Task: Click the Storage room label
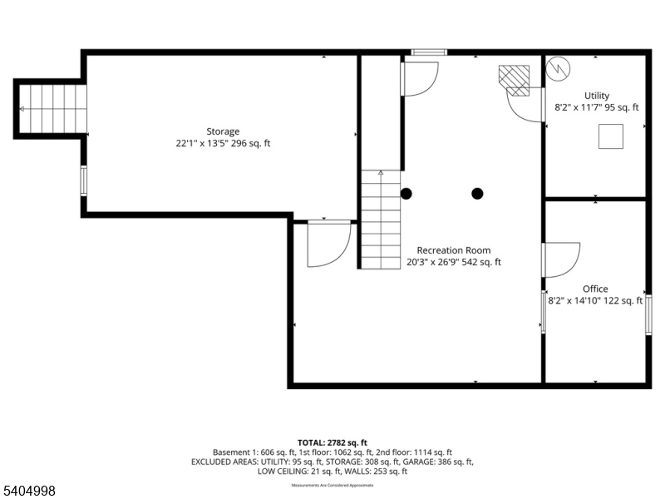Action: [223, 131]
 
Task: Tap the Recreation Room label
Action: [453, 250]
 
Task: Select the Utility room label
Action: [596, 96]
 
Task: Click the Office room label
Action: [595, 289]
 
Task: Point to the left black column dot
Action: [406, 194]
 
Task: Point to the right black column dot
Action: [477, 194]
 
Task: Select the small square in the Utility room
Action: [611, 136]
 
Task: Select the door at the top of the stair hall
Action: [420, 78]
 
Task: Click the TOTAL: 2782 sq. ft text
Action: [332, 442]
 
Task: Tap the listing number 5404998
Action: [29, 492]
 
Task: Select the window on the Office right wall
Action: [648, 315]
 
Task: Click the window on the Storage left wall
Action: [83, 180]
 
